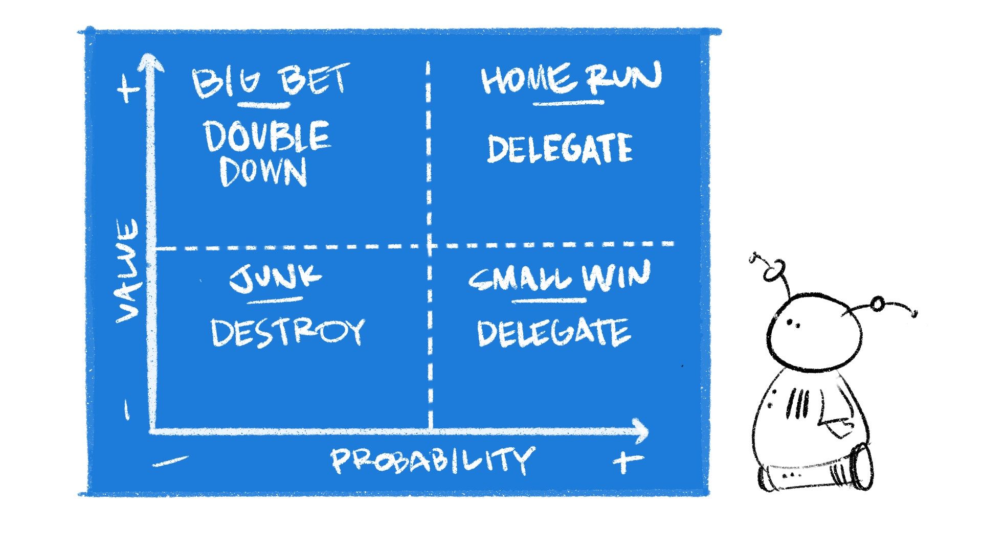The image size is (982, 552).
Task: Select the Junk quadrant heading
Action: (x=275, y=279)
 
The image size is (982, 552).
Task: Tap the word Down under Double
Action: (x=263, y=171)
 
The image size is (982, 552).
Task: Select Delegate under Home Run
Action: (x=560, y=148)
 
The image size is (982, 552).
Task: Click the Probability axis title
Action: (x=433, y=460)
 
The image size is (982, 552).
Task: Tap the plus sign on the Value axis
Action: (x=127, y=90)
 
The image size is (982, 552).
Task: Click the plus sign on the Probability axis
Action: (x=628, y=462)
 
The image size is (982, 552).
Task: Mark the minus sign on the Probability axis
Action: (x=170, y=462)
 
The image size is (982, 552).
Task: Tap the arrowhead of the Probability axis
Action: (x=640, y=431)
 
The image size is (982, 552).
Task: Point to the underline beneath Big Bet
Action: (x=264, y=106)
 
